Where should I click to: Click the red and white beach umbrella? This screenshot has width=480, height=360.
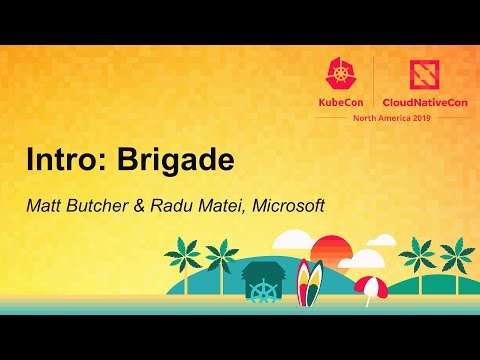coord(370,287)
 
